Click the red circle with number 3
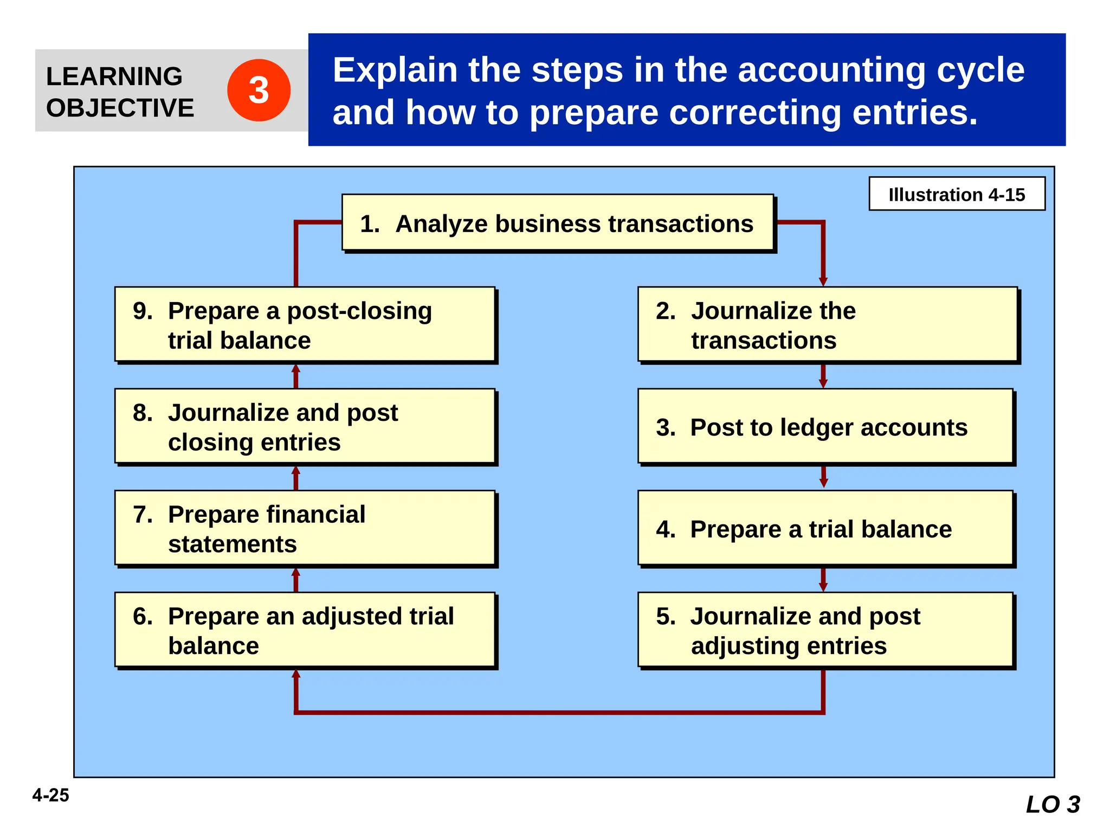point(259,90)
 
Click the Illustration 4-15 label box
point(956,194)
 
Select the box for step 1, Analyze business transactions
point(557,223)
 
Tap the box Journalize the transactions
point(827,324)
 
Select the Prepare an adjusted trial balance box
point(305,630)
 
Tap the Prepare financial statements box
point(305,528)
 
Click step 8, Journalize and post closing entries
point(305,426)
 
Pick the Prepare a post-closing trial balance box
point(305,324)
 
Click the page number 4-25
point(50,795)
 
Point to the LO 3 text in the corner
point(1053,804)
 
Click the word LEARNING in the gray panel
point(114,76)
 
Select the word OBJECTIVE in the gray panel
point(120,108)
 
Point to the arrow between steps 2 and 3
point(823,375)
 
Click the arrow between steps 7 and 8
point(295,477)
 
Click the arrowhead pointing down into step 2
point(823,280)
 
